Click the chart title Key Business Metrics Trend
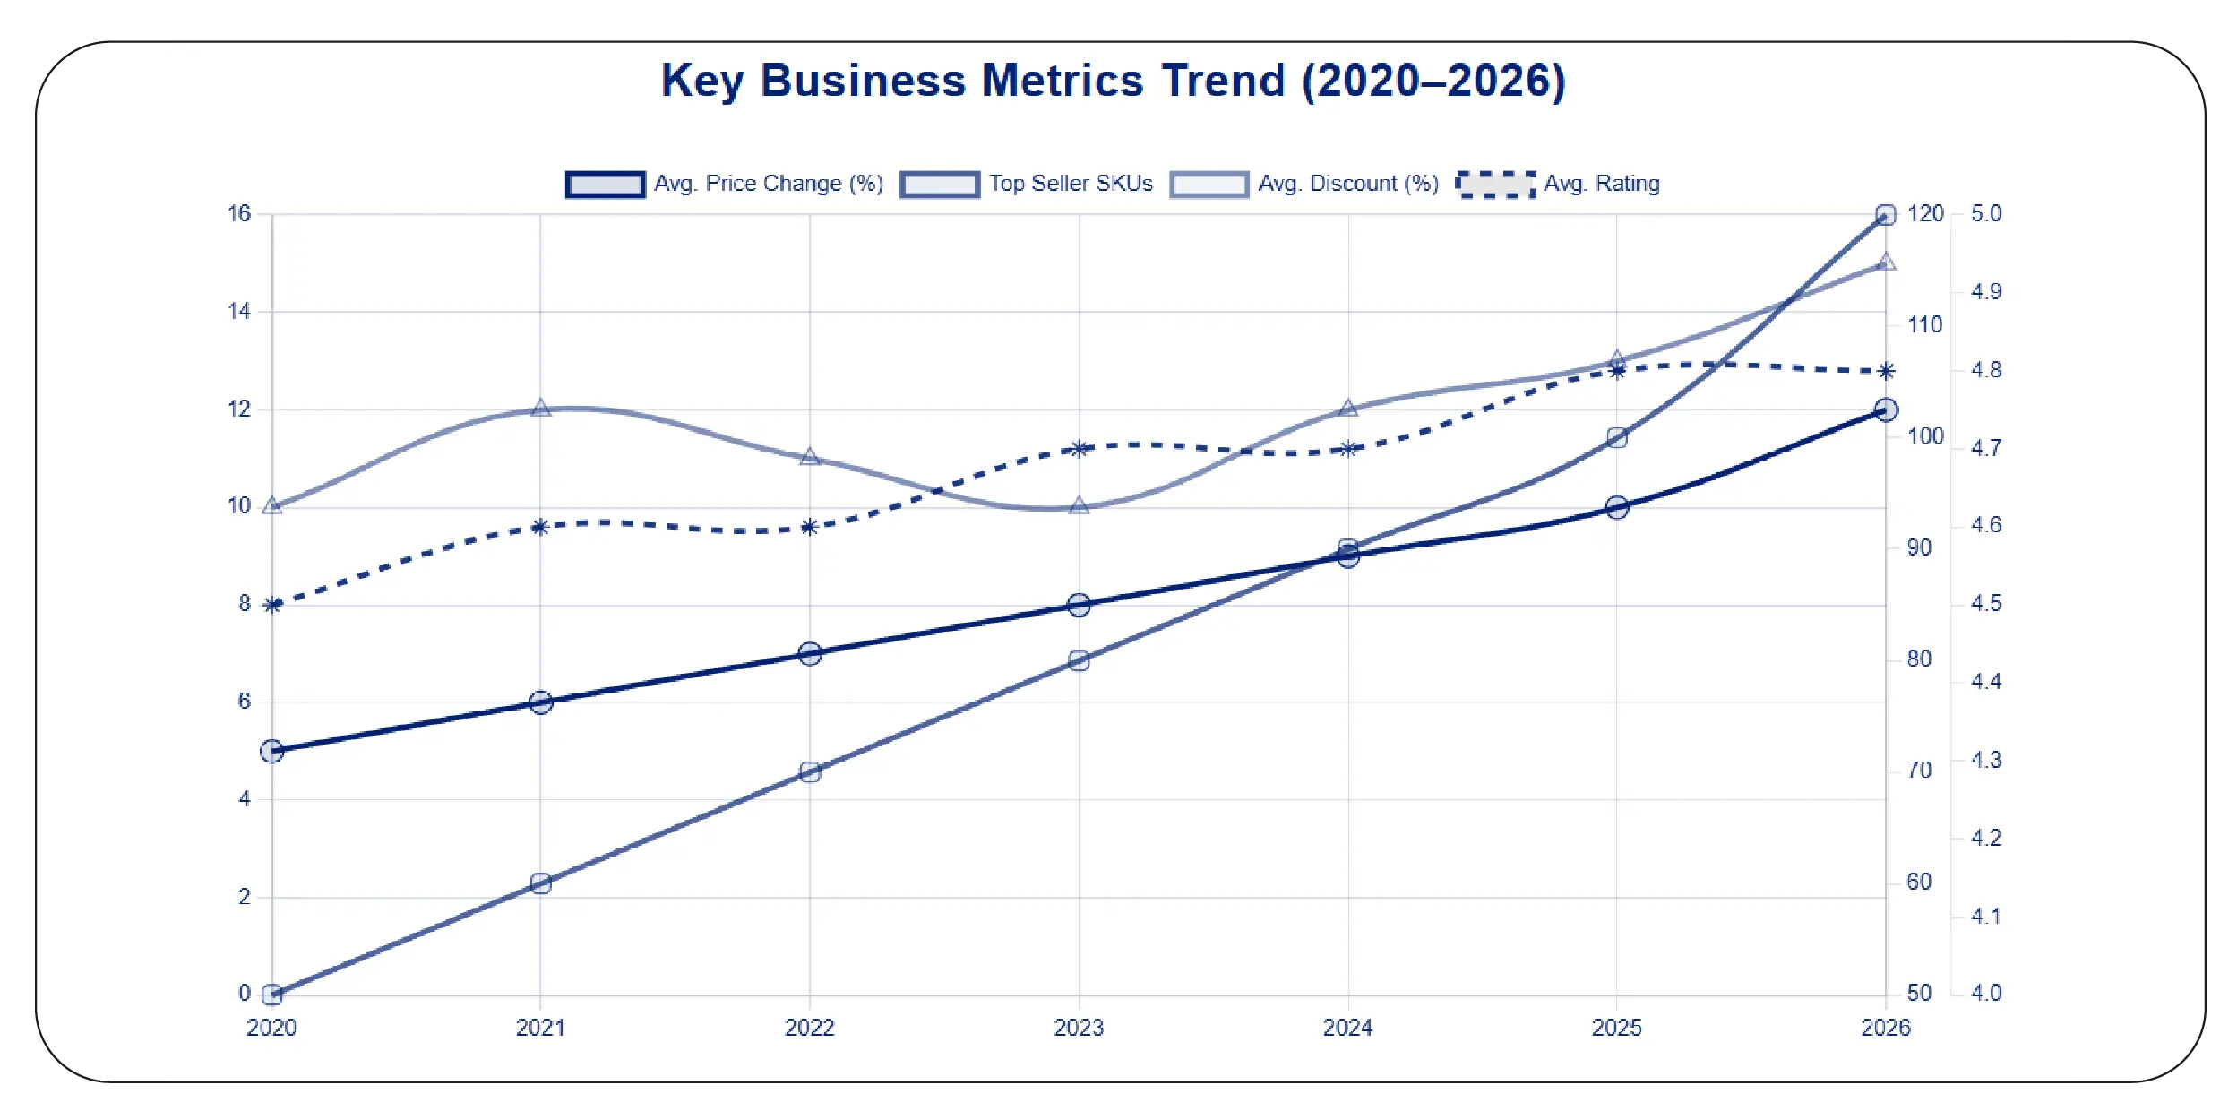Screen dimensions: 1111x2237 1113,81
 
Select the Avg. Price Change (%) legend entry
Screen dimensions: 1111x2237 724,184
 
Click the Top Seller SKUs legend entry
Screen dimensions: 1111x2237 1027,184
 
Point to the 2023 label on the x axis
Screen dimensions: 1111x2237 1079,1028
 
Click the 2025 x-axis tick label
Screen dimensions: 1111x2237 1616,1028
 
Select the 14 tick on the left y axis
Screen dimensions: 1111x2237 239,312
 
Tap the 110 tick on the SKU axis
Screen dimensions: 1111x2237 1924,325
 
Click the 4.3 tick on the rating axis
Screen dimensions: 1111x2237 1986,761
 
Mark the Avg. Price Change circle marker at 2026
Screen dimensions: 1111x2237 1886,410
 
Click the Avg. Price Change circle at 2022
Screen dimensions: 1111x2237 810,653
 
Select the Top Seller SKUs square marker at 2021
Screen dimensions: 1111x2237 540,883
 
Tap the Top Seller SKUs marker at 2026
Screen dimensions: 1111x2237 1886,215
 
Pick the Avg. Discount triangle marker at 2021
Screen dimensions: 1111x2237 540,409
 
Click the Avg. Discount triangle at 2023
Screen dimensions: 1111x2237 1080,506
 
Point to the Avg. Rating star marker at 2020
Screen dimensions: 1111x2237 272,606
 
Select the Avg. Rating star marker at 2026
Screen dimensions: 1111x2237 1886,371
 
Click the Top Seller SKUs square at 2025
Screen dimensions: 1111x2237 1617,438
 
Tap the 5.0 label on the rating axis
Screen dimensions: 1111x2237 1986,214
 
